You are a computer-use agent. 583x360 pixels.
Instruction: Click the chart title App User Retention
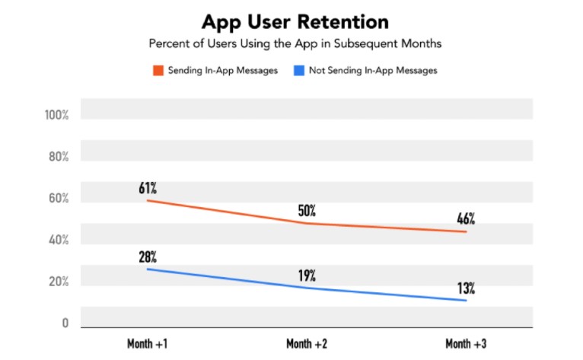295,21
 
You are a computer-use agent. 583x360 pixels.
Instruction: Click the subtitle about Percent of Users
295,43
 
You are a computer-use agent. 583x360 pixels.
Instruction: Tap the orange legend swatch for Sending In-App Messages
158,71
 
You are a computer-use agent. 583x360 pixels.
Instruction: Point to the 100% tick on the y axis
56,116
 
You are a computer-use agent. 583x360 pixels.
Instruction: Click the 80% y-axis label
59,158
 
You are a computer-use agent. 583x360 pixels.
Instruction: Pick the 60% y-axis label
59,199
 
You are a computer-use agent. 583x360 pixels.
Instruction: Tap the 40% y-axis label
59,241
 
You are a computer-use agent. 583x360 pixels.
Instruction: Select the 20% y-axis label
59,282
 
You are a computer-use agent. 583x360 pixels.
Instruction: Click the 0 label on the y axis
65,323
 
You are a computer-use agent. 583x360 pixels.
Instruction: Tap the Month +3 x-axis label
467,343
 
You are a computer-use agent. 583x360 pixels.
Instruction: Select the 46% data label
467,219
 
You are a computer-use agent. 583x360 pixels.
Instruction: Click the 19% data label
308,275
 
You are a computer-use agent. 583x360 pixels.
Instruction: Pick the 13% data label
467,288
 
